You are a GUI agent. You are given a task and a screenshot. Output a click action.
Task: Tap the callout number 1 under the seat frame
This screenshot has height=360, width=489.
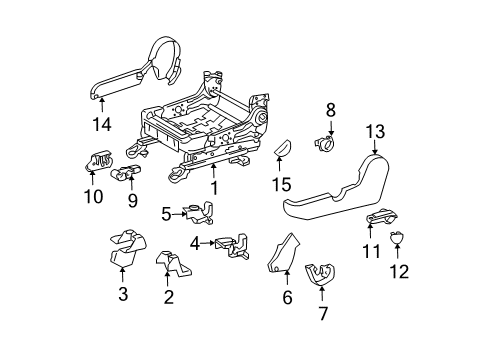click(211, 187)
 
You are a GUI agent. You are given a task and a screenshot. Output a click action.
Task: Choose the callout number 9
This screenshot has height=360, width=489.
click(130, 199)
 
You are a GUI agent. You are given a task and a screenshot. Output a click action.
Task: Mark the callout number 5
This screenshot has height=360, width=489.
click(165, 212)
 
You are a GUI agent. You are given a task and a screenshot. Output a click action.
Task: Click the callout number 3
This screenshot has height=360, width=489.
click(122, 294)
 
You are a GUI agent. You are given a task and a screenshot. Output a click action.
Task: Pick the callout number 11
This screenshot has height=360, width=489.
click(372, 251)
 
